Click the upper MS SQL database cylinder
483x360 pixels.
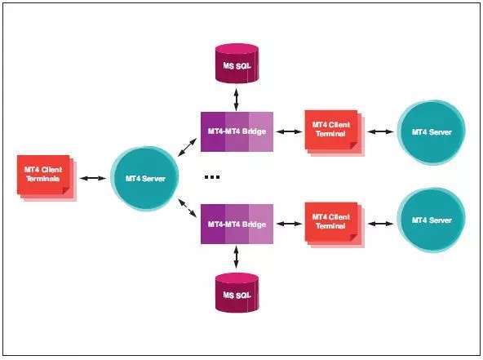(x=237, y=64)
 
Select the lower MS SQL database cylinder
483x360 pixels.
(x=237, y=292)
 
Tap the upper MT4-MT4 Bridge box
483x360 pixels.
(x=237, y=131)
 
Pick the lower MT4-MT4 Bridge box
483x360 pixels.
(x=237, y=224)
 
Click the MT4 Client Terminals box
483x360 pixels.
(x=47, y=178)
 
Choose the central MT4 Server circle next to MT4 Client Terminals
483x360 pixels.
(x=144, y=179)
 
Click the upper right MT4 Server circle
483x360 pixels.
(x=432, y=132)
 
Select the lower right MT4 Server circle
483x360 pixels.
(x=432, y=220)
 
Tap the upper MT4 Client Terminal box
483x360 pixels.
(x=335, y=133)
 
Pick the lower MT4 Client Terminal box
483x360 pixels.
(x=335, y=224)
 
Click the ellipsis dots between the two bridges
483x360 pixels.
(x=212, y=177)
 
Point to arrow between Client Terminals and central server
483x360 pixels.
(x=93, y=178)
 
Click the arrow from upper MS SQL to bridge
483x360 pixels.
(x=237, y=100)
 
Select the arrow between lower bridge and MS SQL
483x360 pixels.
(x=237, y=257)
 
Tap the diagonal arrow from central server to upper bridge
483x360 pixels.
(x=188, y=147)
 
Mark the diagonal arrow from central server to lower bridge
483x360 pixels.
(x=188, y=208)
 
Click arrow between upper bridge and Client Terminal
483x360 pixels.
(x=289, y=132)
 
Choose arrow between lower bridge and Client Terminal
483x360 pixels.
(x=289, y=224)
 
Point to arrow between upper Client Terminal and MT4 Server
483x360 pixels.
(x=381, y=132)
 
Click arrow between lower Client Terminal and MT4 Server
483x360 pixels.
(x=381, y=224)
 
